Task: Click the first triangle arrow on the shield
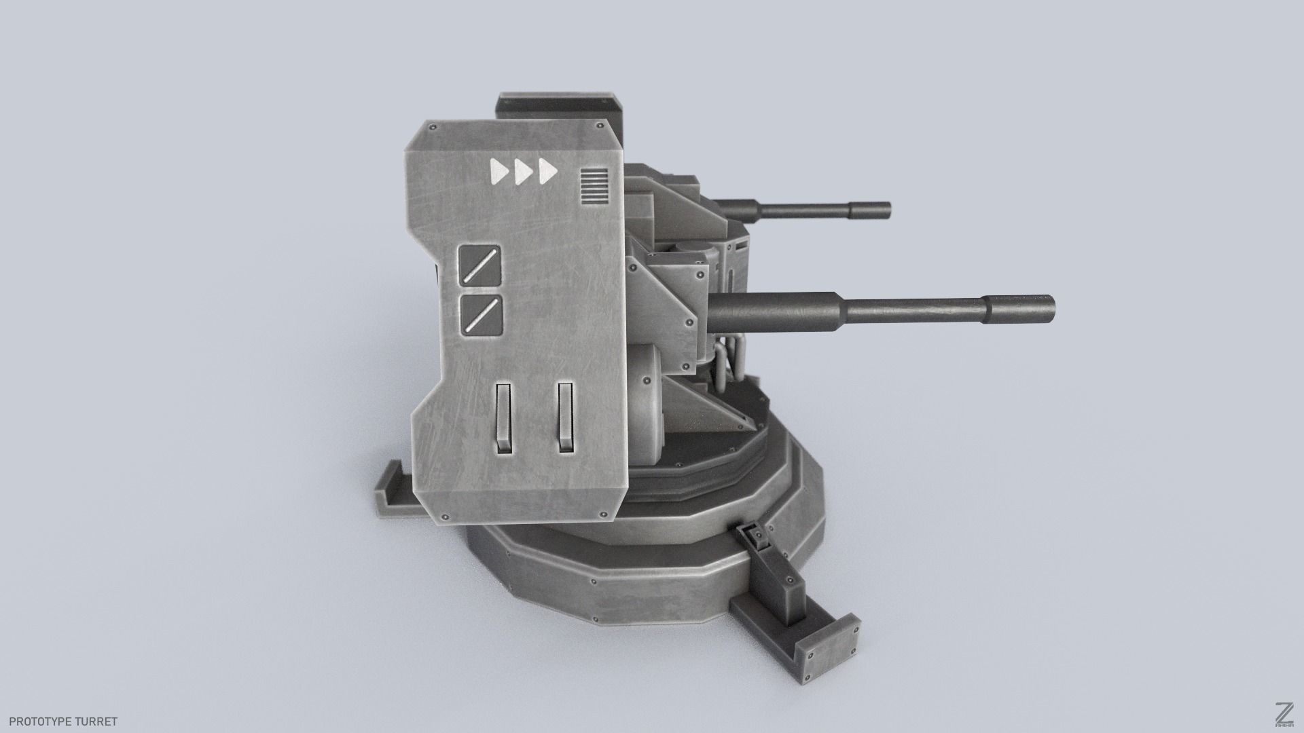tap(499, 172)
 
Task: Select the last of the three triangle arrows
tap(547, 172)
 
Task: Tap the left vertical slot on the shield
tap(503, 417)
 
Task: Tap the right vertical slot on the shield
tap(565, 417)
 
